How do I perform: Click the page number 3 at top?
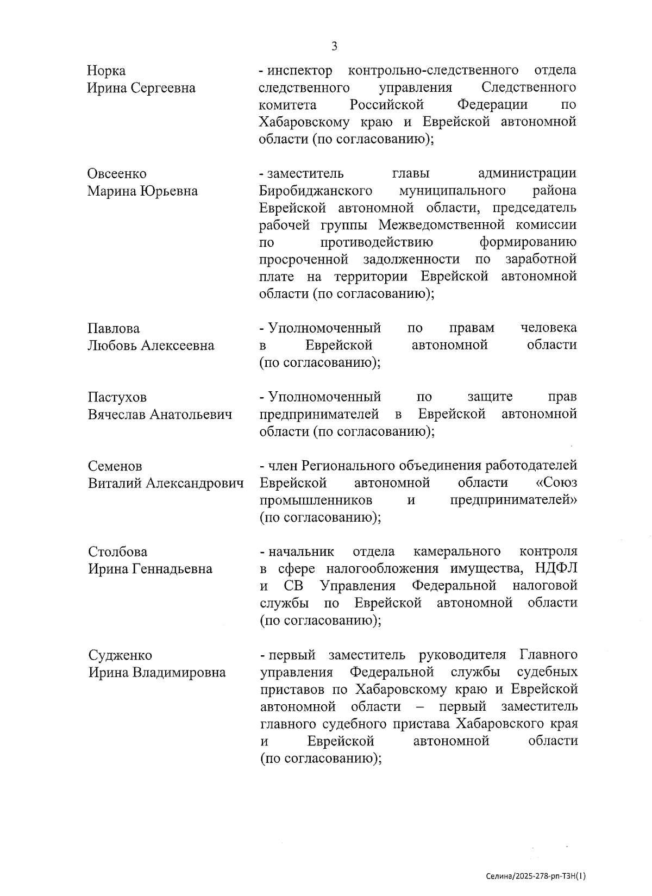pyautogui.click(x=334, y=47)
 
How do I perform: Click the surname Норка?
pyautogui.click(x=106, y=71)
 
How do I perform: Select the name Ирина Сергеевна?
pyautogui.click(x=141, y=88)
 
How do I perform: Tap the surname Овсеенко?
pyautogui.click(x=117, y=174)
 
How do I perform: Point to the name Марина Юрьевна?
pyautogui.click(x=142, y=191)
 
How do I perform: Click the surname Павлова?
pyautogui.click(x=114, y=329)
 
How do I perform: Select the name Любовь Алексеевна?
pyautogui.click(x=151, y=346)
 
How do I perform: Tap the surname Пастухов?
pyautogui.click(x=117, y=398)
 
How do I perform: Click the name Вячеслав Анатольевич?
pyautogui.click(x=160, y=415)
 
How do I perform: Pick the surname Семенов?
pyautogui.click(x=115, y=466)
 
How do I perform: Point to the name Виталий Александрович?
pyautogui.click(x=166, y=483)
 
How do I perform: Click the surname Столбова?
pyautogui.click(x=117, y=552)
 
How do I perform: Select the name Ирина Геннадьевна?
pyautogui.click(x=150, y=569)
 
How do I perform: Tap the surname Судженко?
pyautogui.click(x=120, y=655)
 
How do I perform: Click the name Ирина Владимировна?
pyautogui.click(x=157, y=673)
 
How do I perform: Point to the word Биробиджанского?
pyautogui.click(x=316, y=191)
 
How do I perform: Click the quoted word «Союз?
pyautogui.click(x=556, y=483)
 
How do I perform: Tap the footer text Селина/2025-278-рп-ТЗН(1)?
pyautogui.click(x=536, y=876)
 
